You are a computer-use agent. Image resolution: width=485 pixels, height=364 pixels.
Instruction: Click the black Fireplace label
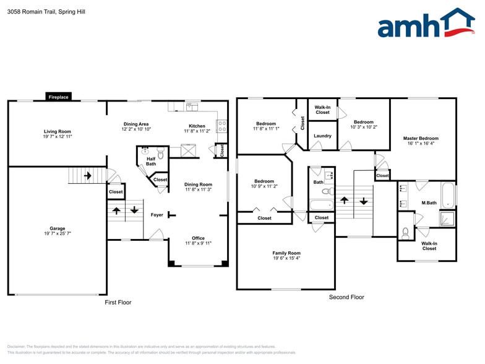pyautogui.click(x=59, y=97)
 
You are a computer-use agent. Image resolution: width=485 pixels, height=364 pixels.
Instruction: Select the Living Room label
pyautogui.click(x=57, y=131)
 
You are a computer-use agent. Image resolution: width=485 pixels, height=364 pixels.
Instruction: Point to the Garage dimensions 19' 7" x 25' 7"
pyautogui.click(x=58, y=233)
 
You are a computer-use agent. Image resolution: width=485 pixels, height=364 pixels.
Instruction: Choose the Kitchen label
pyautogui.click(x=197, y=126)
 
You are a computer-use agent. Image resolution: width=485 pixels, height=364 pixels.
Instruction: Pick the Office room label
pyautogui.click(x=198, y=238)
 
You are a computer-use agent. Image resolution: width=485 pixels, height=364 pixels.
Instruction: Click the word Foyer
pyautogui.click(x=157, y=215)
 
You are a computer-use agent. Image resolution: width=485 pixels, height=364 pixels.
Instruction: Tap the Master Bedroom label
pyautogui.click(x=421, y=139)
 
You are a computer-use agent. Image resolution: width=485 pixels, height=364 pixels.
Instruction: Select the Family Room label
pyautogui.click(x=286, y=253)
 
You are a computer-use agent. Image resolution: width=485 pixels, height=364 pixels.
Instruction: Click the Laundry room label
pyautogui.click(x=322, y=136)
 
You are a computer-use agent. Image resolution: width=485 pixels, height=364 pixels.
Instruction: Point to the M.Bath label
pyautogui.click(x=429, y=203)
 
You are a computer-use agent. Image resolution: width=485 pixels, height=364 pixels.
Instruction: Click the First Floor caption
pyautogui.click(x=118, y=303)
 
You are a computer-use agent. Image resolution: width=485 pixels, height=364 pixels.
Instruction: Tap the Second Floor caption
pyautogui.click(x=346, y=297)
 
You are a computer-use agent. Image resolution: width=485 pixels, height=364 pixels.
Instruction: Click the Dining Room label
pyautogui.click(x=198, y=184)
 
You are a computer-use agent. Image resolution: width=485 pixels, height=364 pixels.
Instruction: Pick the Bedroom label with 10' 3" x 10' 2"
pyautogui.click(x=363, y=122)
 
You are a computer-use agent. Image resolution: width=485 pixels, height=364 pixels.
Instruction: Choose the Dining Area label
pyautogui.click(x=135, y=124)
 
